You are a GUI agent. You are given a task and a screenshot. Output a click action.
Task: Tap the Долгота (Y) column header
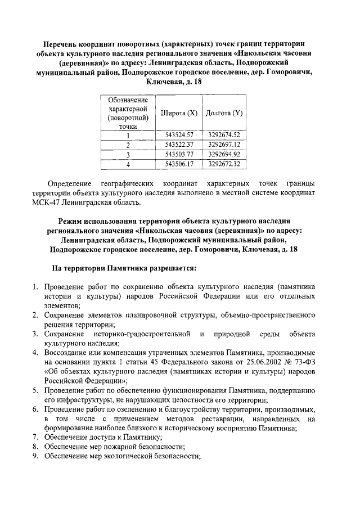(224, 113)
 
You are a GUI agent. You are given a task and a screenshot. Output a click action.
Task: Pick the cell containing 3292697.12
(224, 145)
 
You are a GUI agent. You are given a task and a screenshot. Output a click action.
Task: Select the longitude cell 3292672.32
(224, 164)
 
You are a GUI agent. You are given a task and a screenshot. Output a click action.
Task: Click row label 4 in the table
(128, 165)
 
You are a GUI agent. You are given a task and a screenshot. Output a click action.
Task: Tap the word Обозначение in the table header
(128, 99)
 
